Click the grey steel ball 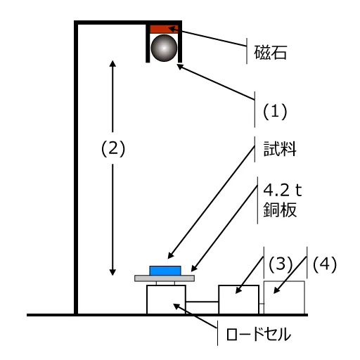[164, 48]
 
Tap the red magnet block [164, 29]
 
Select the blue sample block [165, 271]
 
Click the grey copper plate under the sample [165, 278]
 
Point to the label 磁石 [271, 53]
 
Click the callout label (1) [275, 112]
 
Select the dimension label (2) [113, 148]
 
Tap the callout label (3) [281, 264]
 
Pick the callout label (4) [325, 264]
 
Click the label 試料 [280, 149]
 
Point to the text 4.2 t [283, 190]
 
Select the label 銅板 [280, 210]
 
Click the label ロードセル [259, 335]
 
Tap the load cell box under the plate [166, 300]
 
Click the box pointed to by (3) [239, 300]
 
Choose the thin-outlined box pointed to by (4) [284, 297]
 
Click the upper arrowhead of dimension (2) [112, 63]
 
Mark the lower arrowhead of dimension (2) [112, 272]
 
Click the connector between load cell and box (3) [202, 302]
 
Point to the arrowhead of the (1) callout [180, 67]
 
